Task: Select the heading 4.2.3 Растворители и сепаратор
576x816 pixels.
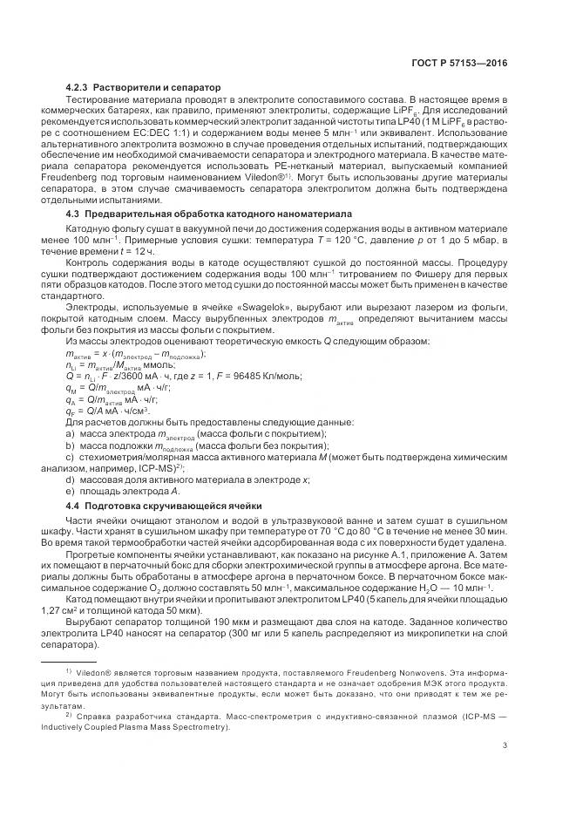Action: point(144,87)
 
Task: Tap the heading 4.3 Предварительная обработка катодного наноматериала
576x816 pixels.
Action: point(208,213)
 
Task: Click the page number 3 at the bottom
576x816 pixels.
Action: point(505,745)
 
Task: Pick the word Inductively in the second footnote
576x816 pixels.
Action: point(89,727)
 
